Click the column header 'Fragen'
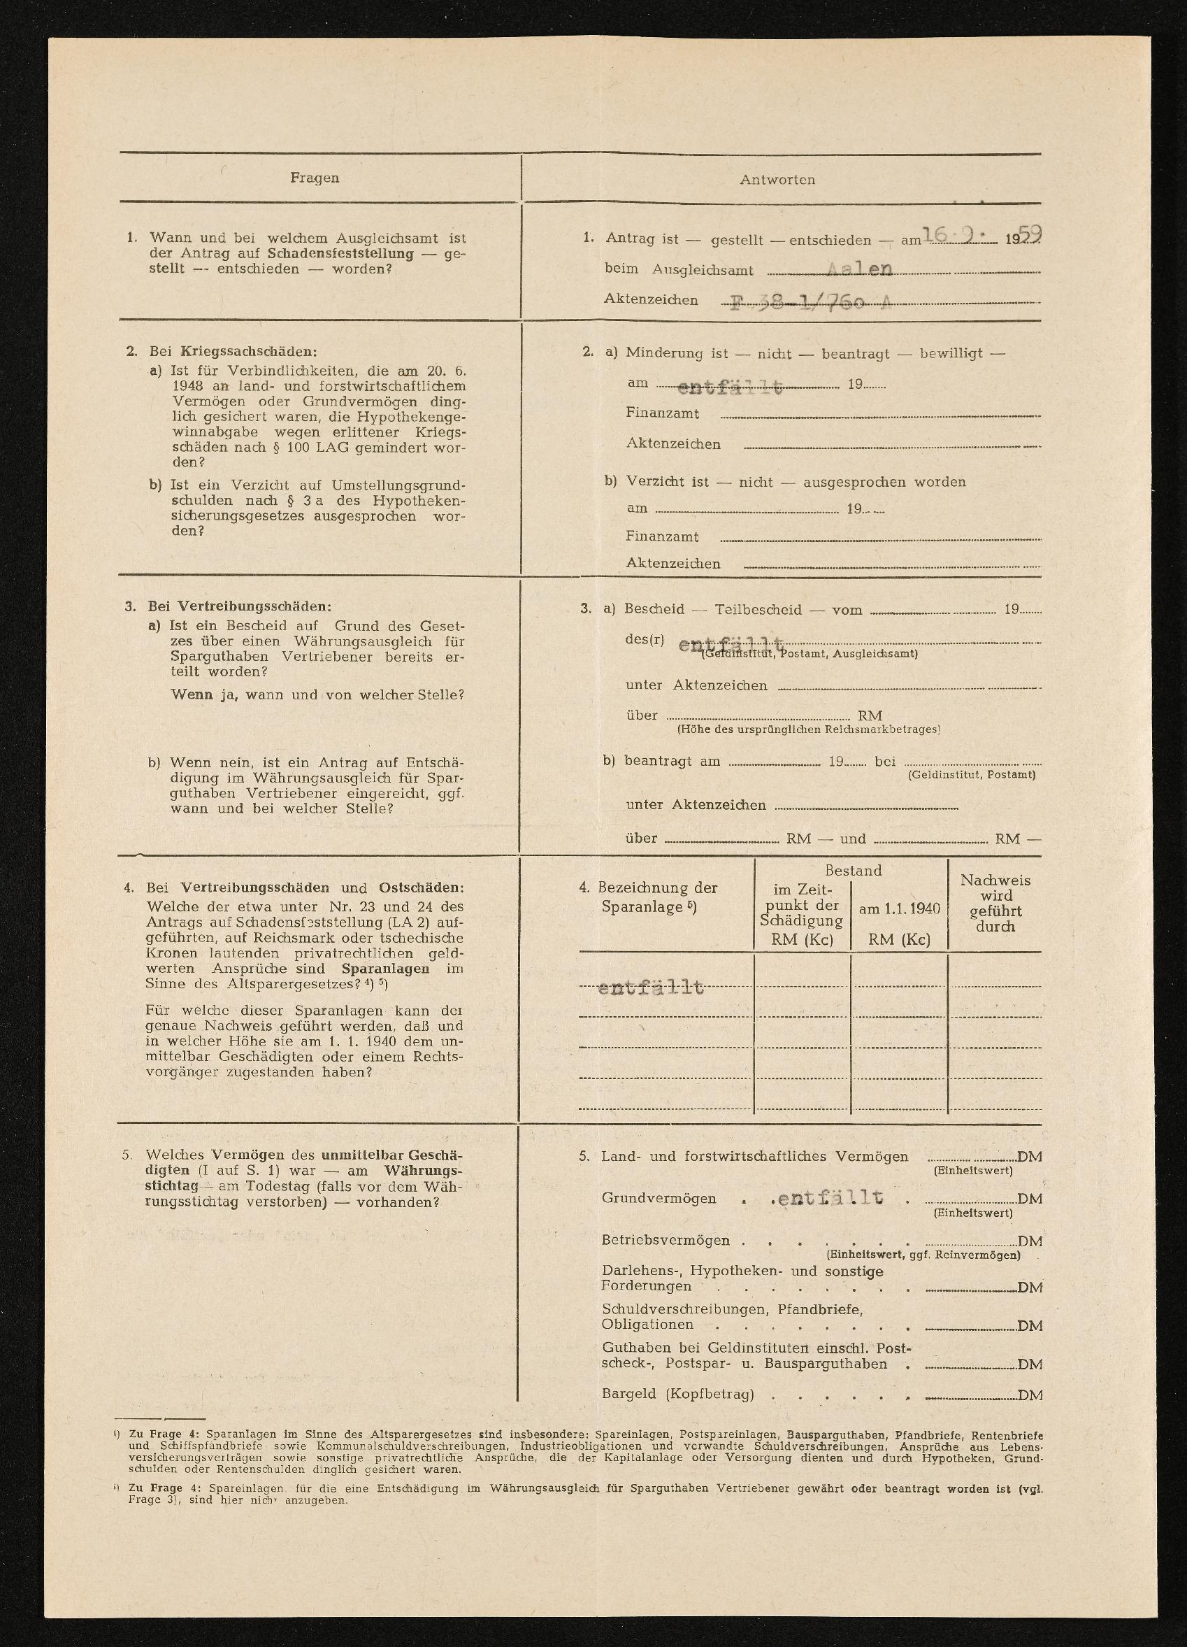coord(315,178)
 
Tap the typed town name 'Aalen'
coord(861,269)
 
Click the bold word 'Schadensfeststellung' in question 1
coord(340,253)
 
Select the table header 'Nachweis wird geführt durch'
coord(995,904)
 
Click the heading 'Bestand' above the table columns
coord(853,870)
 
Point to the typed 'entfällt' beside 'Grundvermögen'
coord(830,1198)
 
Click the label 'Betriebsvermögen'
coord(665,1241)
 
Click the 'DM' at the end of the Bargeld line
coord(1030,1395)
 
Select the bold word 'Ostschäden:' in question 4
coord(421,888)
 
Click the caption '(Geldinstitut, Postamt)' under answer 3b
coord(972,775)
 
